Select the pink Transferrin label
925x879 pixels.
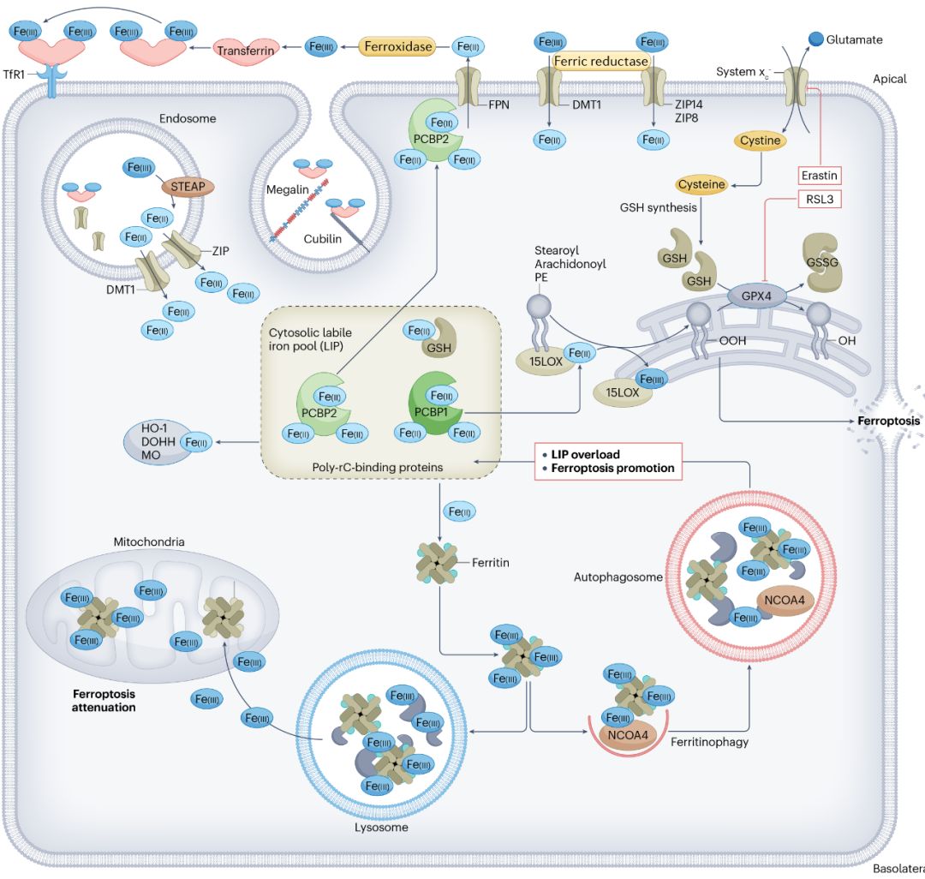click(x=246, y=51)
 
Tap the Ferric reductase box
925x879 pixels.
click(x=600, y=61)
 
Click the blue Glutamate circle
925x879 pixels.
click(x=817, y=39)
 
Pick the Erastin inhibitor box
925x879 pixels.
click(x=819, y=176)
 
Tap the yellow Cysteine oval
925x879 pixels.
click(x=701, y=184)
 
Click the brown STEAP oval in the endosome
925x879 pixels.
click(x=187, y=186)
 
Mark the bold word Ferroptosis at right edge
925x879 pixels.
click(x=889, y=422)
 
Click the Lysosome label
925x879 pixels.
click(x=381, y=828)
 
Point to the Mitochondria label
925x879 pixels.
click(x=151, y=542)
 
